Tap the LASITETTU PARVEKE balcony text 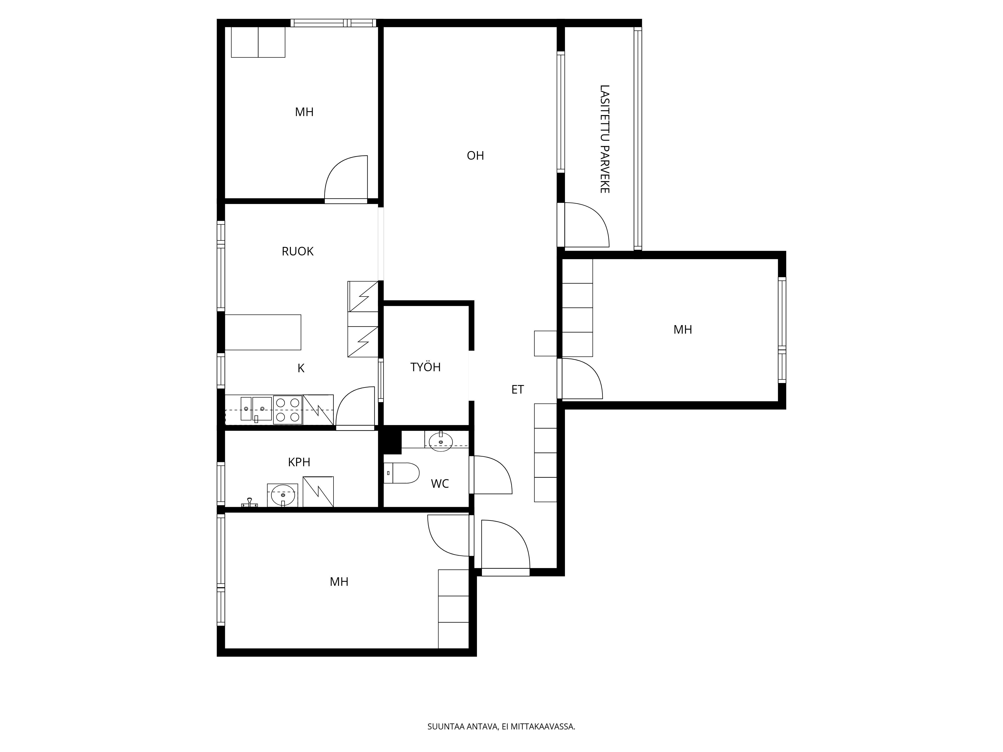[x=604, y=139]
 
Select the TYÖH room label [x=425, y=367]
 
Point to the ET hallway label [x=517, y=389]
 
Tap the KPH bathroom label [x=299, y=462]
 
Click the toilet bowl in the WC [x=402, y=473]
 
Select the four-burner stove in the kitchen [x=287, y=410]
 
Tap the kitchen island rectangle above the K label [x=263, y=332]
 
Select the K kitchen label [x=301, y=368]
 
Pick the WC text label [x=440, y=484]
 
